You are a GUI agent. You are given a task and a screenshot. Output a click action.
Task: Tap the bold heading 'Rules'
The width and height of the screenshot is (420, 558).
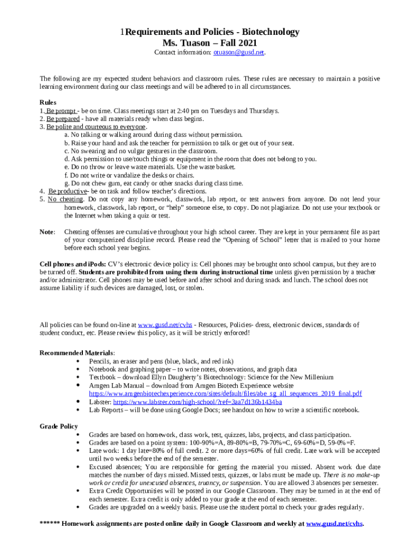pyautogui.click(x=48, y=102)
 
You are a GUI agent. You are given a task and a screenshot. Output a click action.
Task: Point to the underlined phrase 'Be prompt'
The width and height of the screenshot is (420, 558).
pyautogui.click(x=61, y=111)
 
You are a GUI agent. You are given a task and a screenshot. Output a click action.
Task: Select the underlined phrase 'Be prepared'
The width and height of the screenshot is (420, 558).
pyautogui.click(x=63, y=119)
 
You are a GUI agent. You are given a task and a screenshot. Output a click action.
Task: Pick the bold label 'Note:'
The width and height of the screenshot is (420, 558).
pyautogui.click(x=47, y=232)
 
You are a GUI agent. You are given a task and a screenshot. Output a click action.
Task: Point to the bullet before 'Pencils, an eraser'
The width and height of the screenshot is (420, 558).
pyautogui.click(x=81, y=361)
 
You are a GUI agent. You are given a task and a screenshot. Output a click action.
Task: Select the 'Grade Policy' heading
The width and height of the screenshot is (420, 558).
pyautogui.click(x=59, y=426)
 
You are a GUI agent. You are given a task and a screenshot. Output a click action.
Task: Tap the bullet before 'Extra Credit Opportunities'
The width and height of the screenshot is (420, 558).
pyautogui.click(x=81, y=491)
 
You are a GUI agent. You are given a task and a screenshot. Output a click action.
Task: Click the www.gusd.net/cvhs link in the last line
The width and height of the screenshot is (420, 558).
pyautogui.click(x=334, y=524)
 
